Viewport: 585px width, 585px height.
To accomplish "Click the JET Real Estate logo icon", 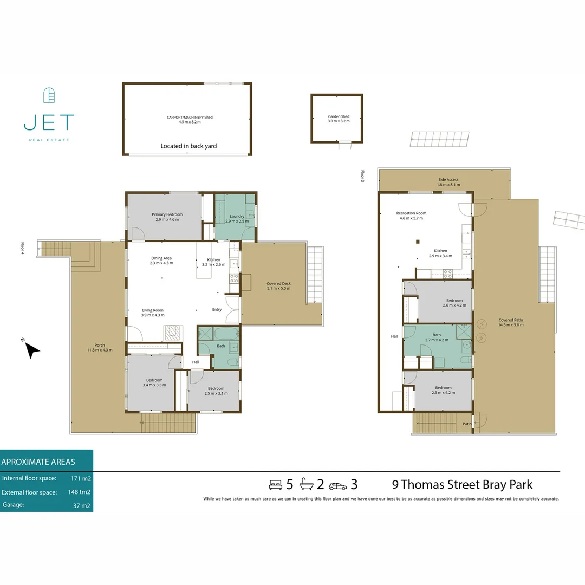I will click(49, 96).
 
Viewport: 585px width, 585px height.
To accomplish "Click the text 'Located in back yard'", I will click(188, 146).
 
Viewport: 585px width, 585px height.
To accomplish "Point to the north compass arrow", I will click(32, 350).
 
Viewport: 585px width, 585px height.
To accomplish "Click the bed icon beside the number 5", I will click(276, 484).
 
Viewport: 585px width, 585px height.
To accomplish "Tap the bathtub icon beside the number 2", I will click(307, 484).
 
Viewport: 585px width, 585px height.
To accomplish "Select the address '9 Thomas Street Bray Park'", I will click(462, 484).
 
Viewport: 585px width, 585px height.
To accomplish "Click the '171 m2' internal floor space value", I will click(81, 478).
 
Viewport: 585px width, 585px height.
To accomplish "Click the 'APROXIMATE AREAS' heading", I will click(38, 462).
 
